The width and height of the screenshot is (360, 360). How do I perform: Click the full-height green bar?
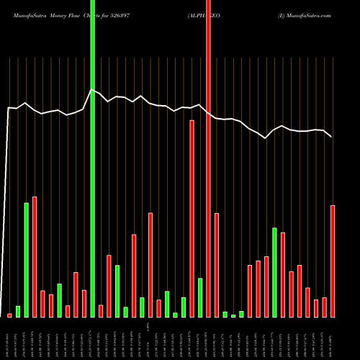pyautogui.click(x=92, y=158)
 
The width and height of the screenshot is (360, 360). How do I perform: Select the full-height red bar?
pyautogui.click(x=208, y=158)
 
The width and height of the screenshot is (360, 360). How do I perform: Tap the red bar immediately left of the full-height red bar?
pyautogui.click(x=192, y=218)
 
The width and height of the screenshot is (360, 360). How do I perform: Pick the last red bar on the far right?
pyautogui.click(x=333, y=261)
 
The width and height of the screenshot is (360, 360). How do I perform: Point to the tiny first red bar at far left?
pyautogui.click(x=9, y=315)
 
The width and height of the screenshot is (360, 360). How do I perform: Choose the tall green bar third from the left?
pyautogui.click(x=27, y=259)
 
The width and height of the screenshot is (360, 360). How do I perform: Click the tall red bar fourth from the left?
pyautogui.click(x=35, y=256)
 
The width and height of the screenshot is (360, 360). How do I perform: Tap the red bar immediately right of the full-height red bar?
pyautogui.click(x=216, y=265)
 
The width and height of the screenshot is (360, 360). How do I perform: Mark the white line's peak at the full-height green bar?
pyautogui.click(x=91, y=90)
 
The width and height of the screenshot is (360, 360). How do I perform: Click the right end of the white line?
pyautogui.click(x=331, y=136)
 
